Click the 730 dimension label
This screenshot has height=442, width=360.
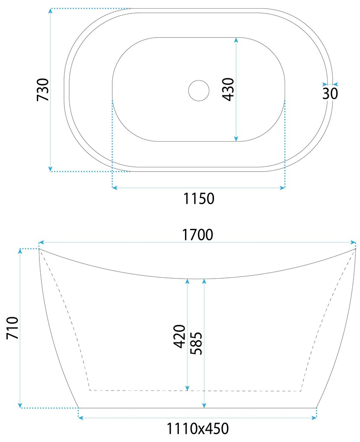(x=43, y=90)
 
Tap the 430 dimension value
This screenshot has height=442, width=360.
(x=228, y=89)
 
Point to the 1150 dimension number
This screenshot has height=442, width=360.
(x=199, y=199)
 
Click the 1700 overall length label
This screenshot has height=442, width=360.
(x=197, y=235)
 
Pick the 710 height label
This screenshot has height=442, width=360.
(x=12, y=328)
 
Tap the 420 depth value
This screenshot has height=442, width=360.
(x=179, y=336)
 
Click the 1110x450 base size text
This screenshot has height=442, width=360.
(x=198, y=429)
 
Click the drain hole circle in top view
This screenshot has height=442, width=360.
(x=199, y=91)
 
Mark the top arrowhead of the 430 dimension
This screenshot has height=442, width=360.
(x=236, y=40)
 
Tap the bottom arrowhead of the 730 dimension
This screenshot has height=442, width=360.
(x=51, y=169)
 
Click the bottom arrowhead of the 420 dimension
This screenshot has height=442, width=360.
(x=187, y=388)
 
